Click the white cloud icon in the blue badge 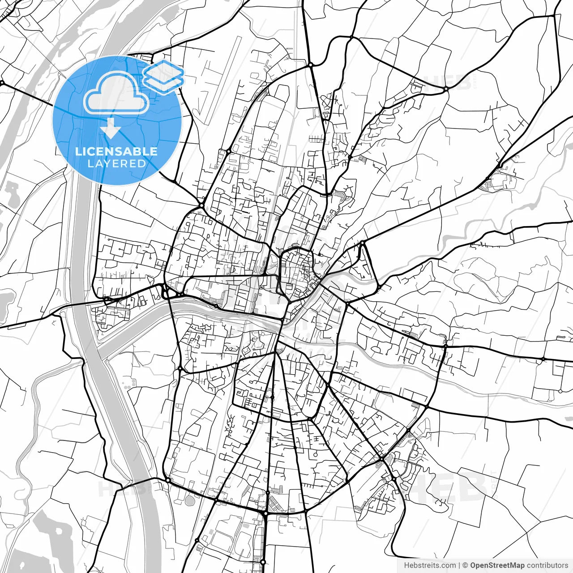[116, 93]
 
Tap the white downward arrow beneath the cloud [111, 129]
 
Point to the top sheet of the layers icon [163, 71]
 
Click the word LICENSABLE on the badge [116, 151]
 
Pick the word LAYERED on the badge [116, 163]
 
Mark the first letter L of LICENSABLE [78, 151]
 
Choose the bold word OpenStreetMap [497, 565]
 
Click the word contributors [547, 565]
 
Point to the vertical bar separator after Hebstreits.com [459, 565]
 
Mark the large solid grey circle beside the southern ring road [190, 500]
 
